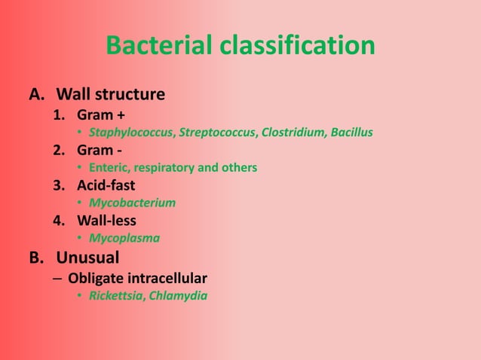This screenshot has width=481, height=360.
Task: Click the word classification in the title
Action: [x=298, y=46]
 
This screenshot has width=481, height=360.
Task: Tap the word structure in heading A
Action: [x=128, y=95]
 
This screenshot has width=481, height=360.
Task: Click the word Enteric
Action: [x=108, y=167]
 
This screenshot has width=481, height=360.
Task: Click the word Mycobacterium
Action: [x=132, y=203]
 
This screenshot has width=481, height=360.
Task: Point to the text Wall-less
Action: [x=106, y=221]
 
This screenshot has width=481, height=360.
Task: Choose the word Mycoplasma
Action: [x=124, y=239]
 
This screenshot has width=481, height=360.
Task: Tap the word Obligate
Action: [x=95, y=278]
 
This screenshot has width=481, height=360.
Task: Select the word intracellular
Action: [x=166, y=278]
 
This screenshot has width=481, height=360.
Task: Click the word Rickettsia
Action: [x=115, y=295]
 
